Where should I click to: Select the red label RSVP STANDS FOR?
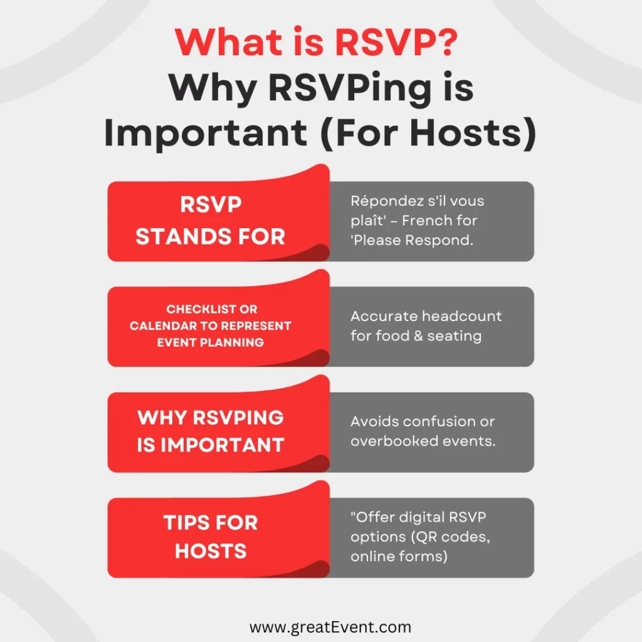coord(211,221)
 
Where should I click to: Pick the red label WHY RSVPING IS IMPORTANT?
coord(211,431)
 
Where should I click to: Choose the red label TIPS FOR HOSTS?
coord(211,537)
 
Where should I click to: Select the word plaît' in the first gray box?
coord(367,221)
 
